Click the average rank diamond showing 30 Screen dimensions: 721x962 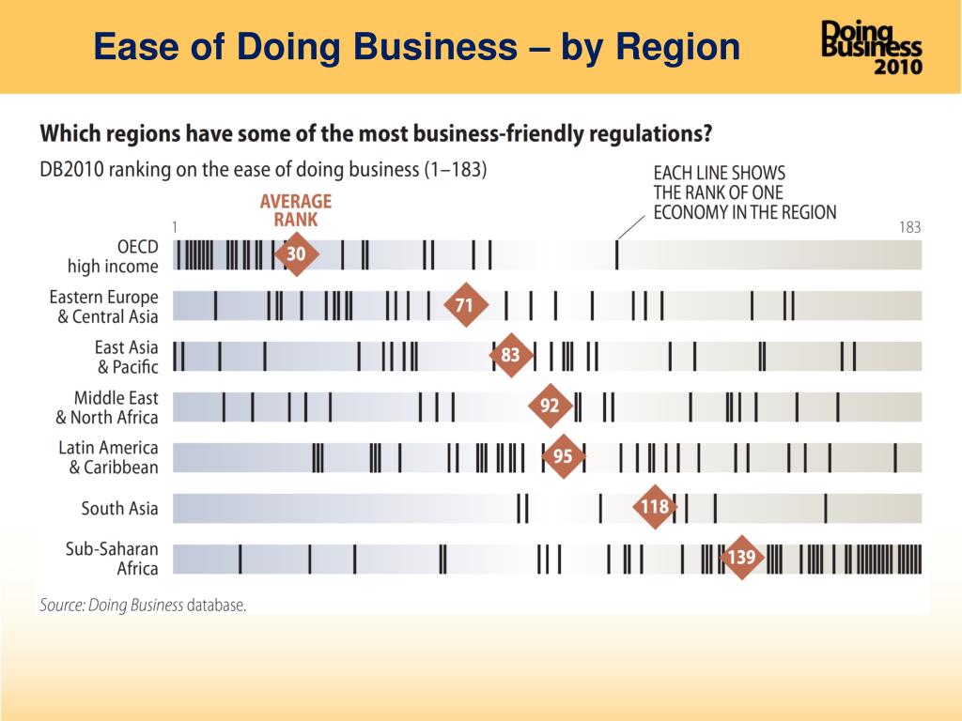pos(296,254)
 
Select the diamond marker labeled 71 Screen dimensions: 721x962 pos(464,305)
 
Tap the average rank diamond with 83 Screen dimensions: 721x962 pos(510,356)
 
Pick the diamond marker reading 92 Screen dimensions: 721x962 pos(550,407)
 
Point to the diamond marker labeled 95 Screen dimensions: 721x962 pos(563,457)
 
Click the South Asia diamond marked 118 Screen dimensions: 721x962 pos(654,508)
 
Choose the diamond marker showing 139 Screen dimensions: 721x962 pos(741,558)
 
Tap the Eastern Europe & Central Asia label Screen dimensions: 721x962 pos(104,306)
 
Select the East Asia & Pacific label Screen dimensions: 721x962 pos(127,357)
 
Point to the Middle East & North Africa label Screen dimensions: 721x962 pos(107,407)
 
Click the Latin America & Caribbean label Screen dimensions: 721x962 pos(108,457)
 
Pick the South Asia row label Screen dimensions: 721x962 pos(119,509)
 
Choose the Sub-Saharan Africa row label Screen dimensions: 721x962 pos(112,559)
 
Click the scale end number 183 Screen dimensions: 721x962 pos(909,227)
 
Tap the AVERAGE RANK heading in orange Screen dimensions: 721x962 pos(295,210)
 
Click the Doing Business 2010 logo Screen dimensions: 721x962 pos(872,47)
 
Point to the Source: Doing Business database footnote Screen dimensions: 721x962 pos(143,606)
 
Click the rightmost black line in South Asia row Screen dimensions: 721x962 pos(825,508)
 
